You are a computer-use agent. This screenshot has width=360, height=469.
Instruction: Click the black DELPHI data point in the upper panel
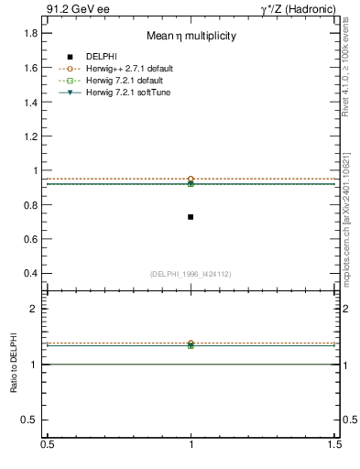point(191,217)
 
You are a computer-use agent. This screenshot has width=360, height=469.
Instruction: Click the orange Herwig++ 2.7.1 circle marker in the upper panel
point(191,179)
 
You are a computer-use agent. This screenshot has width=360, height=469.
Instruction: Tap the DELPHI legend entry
point(102,57)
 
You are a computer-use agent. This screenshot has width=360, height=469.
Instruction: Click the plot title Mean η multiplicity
point(191,37)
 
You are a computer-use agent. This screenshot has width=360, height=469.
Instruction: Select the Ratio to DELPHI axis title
point(14,365)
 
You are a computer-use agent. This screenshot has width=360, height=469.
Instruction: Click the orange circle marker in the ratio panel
point(191,344)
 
